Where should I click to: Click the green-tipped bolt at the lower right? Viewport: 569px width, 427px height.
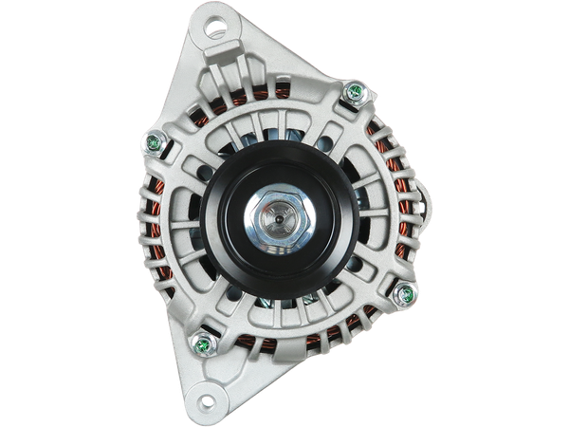coord(407,292)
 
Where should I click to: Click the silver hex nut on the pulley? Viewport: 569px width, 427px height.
coord(279,225)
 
